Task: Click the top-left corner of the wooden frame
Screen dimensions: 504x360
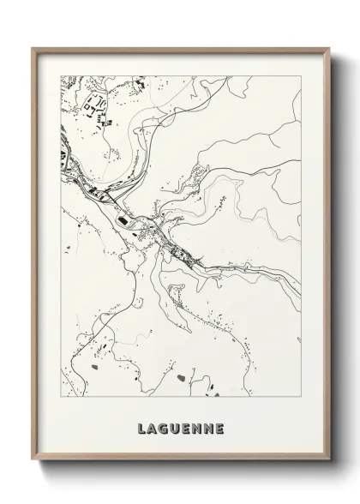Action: [x=33, y=48]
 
